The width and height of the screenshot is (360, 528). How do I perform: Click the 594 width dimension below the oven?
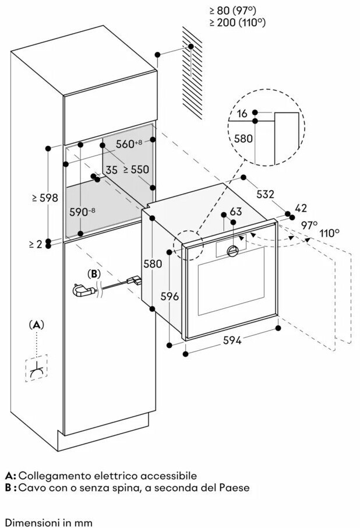point(232,341)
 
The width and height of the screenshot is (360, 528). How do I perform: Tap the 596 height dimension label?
point(170,296)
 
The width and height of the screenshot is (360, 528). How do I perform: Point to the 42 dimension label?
point(301,208)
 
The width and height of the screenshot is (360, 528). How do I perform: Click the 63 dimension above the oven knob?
point(235,211)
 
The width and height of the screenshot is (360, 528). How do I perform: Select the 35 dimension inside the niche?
point(112,170)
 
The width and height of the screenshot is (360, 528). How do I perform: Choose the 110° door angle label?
point(329,233)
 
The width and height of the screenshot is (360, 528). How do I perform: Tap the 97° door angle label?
point(309,225)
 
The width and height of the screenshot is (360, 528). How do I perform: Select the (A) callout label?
point(37,323)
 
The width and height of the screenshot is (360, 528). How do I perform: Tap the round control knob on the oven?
point(232,251)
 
